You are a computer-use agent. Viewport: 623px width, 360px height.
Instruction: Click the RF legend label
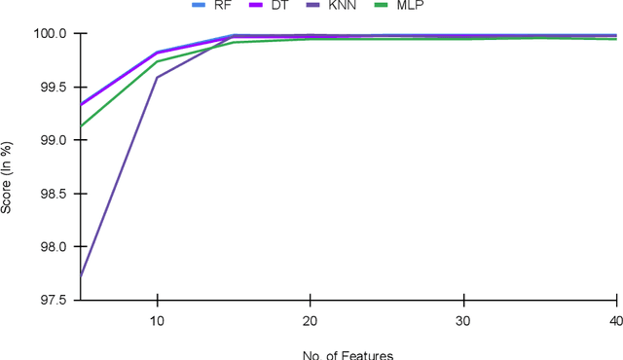[222, 5]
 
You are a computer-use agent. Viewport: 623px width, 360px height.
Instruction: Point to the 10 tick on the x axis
[157, 321]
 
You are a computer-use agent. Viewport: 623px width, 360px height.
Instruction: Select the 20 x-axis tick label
[310, 321]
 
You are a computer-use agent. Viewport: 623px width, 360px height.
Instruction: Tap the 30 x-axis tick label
[463, 321]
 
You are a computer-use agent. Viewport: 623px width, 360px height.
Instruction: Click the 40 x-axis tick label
[615, 321]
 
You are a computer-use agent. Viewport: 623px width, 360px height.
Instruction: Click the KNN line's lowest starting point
[81, 276]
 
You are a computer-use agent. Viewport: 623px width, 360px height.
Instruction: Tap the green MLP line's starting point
[81, 126]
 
